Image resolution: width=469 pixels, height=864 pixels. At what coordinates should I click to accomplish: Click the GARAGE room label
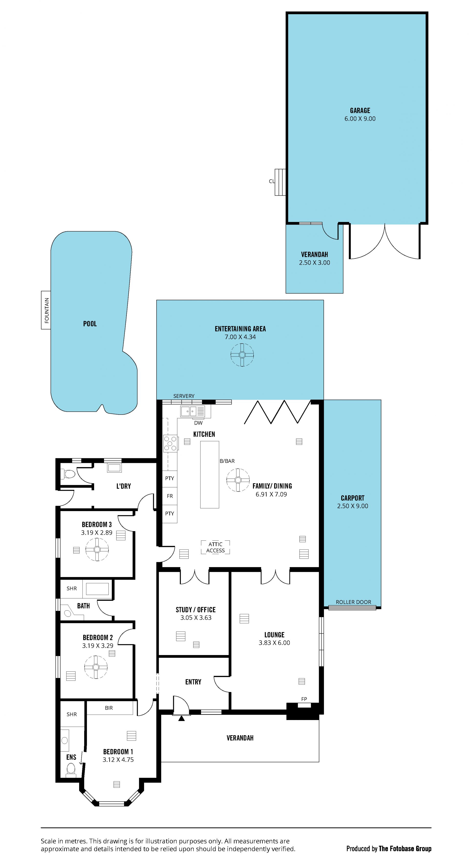tap(360, 110)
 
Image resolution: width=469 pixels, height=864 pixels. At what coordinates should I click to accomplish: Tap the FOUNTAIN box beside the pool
tap(46, 310)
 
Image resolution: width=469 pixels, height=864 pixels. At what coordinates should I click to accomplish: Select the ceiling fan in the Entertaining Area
tap(242, 355)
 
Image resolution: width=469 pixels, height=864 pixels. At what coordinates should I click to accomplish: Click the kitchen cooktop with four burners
tap(170, 443)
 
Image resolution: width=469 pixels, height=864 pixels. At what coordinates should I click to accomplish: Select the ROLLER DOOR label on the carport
tap(353, 602)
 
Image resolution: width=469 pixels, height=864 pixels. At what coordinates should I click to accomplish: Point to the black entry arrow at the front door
tap(181, 718)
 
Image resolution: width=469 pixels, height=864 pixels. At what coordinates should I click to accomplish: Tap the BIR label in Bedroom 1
tap(109, 708)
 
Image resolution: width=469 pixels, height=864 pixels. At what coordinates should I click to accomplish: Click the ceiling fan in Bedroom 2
tap(96, 667)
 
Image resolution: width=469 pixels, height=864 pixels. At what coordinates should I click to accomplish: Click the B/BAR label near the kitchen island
tap(227, 461)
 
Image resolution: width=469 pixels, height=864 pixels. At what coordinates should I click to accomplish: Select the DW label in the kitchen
tap(198, 423)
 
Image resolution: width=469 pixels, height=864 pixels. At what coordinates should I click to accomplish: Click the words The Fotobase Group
tap(405, 849)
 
